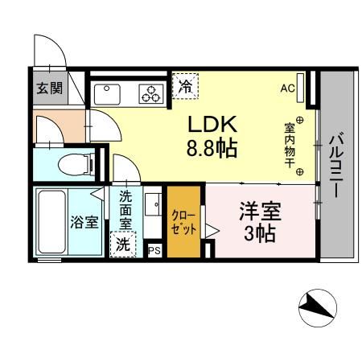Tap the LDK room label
click(212, 125)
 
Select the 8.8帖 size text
click(211, 149)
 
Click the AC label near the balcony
click(287, 89)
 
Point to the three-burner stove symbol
click(150, 95)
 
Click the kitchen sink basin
click(107, 93)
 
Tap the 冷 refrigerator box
click(186, 84)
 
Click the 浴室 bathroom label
click(84, 221)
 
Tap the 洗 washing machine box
click(123, 245)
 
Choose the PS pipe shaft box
click(154, 251)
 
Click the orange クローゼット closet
click(180, 221)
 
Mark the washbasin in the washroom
click(151, 204)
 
